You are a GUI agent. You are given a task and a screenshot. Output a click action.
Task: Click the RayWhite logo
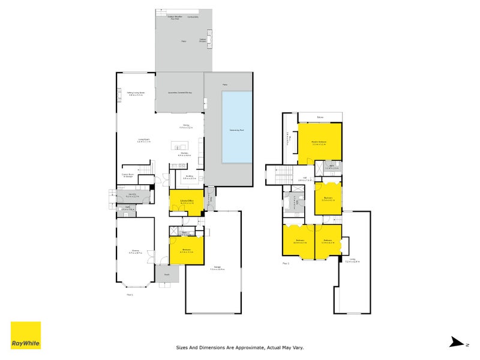(26, 335)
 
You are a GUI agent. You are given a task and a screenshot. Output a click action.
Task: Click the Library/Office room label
(186, 201)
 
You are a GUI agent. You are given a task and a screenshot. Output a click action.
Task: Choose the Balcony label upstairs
(320, 116)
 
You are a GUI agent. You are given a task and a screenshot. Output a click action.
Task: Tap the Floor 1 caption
(130, 294)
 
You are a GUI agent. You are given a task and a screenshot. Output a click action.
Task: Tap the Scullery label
(189, 176)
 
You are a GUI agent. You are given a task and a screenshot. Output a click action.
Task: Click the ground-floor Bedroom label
(186, 251)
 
